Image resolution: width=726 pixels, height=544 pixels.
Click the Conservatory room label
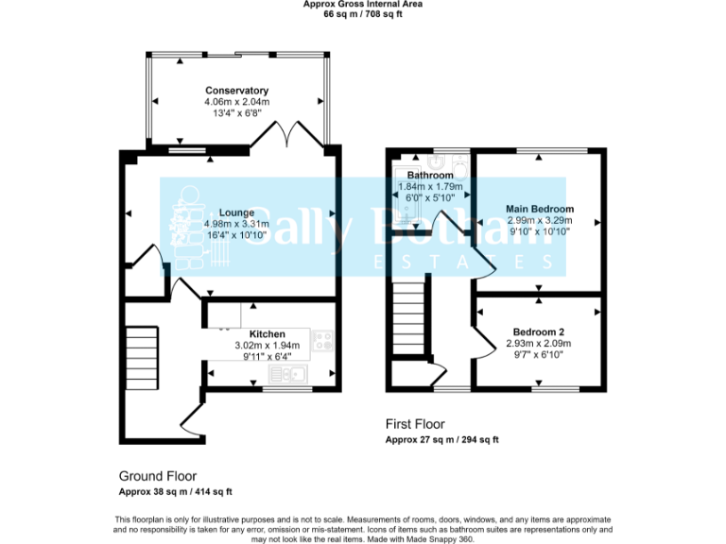pos(236,91)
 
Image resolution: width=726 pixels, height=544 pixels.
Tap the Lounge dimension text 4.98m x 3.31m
pos(236,224)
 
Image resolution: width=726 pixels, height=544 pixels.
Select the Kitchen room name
pos(267,334)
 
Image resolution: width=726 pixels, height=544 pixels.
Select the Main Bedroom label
pos(539,209)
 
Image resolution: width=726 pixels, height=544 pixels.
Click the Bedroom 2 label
pos(539,331)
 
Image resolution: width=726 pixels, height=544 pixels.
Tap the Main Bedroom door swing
pos(485,262)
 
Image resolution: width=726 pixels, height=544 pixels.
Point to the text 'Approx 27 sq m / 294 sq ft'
pos(441,440)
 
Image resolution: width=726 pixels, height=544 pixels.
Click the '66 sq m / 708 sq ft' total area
pos(363,14)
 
